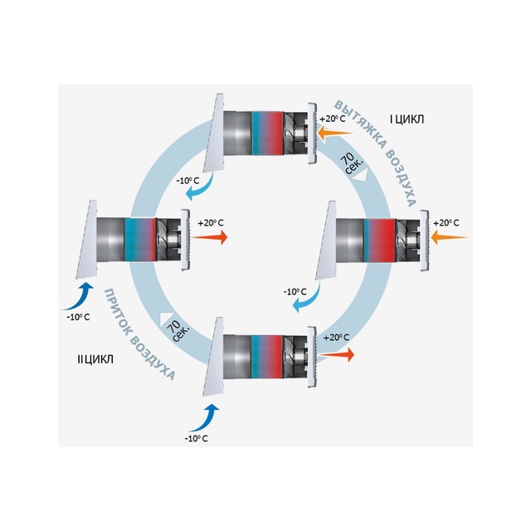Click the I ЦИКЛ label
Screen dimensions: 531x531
tap(407, 119)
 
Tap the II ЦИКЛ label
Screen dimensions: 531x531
tap(95, 359)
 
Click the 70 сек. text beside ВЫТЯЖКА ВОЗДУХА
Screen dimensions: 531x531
tap(352, 163)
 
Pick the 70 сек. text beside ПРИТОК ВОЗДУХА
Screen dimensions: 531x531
tap(178, 330)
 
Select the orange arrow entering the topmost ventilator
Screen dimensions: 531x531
tap(335, 132)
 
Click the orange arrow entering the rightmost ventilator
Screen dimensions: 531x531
tap(450, 237)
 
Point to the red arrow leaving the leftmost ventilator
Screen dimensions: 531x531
tap(209, 237)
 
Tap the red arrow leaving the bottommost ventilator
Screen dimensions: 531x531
tap(336, 354)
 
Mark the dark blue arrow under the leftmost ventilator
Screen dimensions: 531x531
tap(79, 297)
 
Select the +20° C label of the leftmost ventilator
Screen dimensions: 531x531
tap(211, 223)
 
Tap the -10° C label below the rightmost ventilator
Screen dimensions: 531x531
tap(295, 291)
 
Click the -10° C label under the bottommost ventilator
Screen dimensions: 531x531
tap(196, 439)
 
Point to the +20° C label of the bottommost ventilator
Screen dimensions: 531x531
tap(336, 338)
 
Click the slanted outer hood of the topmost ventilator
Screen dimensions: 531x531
tap(214, 134)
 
